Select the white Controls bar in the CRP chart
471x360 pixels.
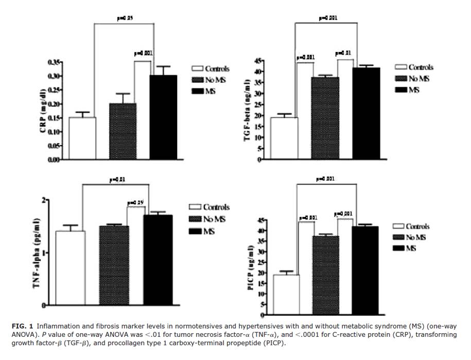82,138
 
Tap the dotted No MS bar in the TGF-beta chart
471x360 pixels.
324,118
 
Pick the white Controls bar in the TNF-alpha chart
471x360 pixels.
71,268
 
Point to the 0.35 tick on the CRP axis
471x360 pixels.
54,62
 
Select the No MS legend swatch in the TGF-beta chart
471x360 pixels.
401,79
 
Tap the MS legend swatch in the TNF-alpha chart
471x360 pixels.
195,232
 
